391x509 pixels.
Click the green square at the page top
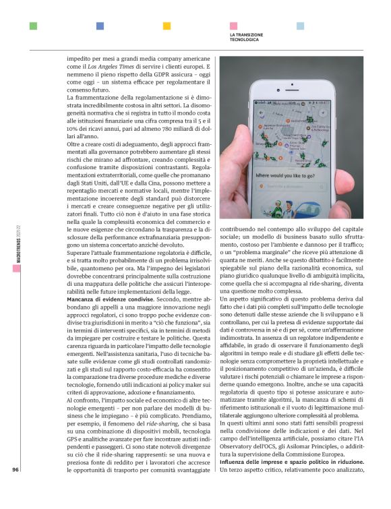pyautogui.click(x=33, y=26)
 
